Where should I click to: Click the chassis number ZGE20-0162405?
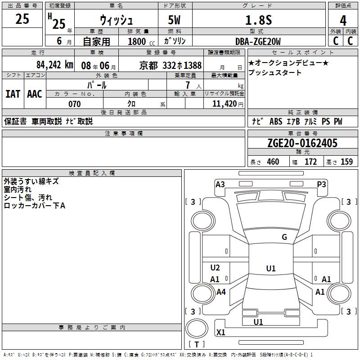[302, 143]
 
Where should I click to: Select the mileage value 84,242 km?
[54, 65]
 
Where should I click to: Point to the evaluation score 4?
[343, 20]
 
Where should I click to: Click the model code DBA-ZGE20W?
[258, 41]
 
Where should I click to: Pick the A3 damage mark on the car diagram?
[220, 184]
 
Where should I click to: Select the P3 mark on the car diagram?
[321, 184]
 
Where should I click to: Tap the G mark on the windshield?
[284, 237]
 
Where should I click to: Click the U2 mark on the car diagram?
[215, 268]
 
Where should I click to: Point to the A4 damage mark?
[221, 292]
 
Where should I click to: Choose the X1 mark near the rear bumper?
[221, 333]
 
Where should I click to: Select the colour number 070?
[74, 104]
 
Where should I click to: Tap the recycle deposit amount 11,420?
[224, 104]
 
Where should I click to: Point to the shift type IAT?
[13, 94]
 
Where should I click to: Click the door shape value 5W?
[175, 20]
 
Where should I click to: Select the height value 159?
[346, 162]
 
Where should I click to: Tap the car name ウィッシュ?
[116, 20]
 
